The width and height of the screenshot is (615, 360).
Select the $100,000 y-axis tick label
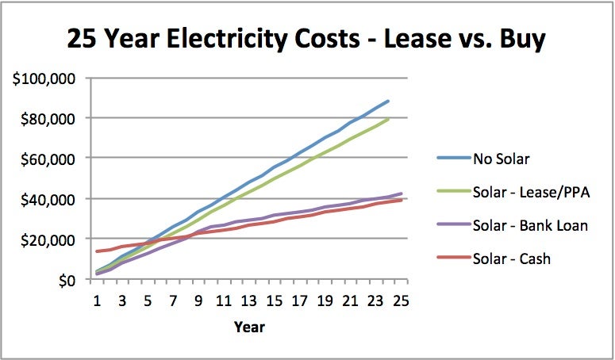pyautogui.click(x=44, y=79)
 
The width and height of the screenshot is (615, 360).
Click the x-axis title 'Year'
pyautogui.click(x=249, y=327)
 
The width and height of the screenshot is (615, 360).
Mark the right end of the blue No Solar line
pyautogui.click(x=388, y=101)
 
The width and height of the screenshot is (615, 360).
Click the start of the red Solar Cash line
pyautogui.click(x=97, y=251)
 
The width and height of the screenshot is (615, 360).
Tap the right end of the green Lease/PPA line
pyautogui.click(x=388, y=119)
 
